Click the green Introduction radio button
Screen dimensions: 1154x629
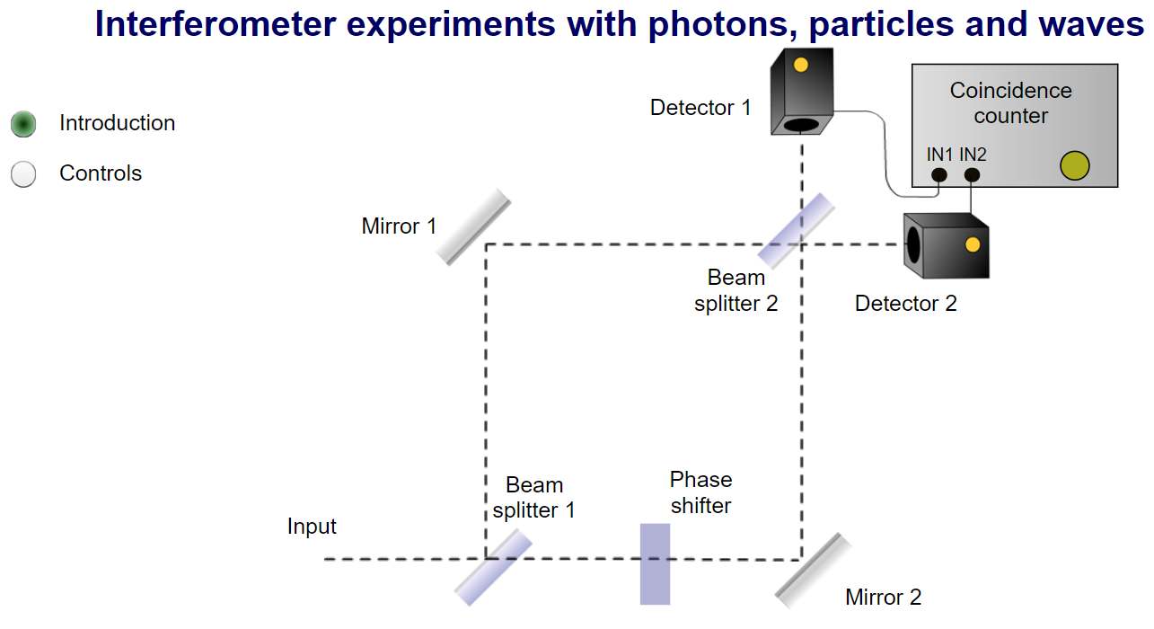(x=23, y=124)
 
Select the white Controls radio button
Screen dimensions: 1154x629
(x=23, y=173)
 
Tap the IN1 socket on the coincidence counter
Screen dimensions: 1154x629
(x=938, y=175)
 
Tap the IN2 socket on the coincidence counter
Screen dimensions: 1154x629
(x=972, y=175)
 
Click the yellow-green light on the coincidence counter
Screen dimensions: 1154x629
(x=1075, y=165)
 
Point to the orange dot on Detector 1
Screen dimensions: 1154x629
(x=800, y=65)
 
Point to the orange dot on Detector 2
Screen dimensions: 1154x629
(x=973, y=245)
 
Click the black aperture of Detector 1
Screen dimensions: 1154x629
(x=801, y=125)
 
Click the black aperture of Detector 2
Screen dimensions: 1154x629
(x=913, y=245)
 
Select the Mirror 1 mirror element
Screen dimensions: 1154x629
(x=473, y=226)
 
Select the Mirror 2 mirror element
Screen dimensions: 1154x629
(x=813, y=571)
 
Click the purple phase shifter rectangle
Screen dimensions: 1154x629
(x=655, y=564)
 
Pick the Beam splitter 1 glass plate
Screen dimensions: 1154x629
(x=493, y=567)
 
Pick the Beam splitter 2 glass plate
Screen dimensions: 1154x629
(x=796, y=231)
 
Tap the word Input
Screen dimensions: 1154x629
(x=312, y=527)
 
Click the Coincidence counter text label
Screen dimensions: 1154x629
(x=1011, y=103)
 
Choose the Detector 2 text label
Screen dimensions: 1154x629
(x=905, y=303)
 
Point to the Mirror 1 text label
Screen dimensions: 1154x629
(x=399, y=226)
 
